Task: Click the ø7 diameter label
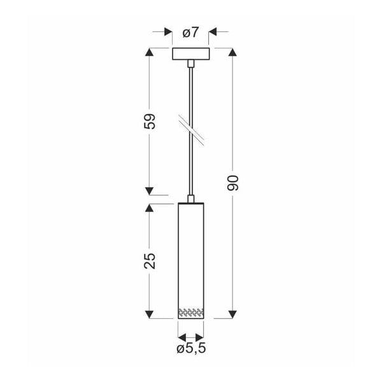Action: [x=190, y=31]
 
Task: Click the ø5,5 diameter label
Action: [x=190, y=348]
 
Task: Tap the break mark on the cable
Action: [x=190, y=127]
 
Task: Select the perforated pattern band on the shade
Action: [x=190, y=312]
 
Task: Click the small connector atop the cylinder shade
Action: [x=190, y=199]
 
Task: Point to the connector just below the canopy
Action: [x=190, y=64]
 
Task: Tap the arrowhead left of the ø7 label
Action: [x=168, y=31]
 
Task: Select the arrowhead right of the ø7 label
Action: [x=213, y=31]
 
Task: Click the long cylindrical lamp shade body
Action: [x=190, y=255]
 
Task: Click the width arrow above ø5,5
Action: [x=190, y=336]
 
